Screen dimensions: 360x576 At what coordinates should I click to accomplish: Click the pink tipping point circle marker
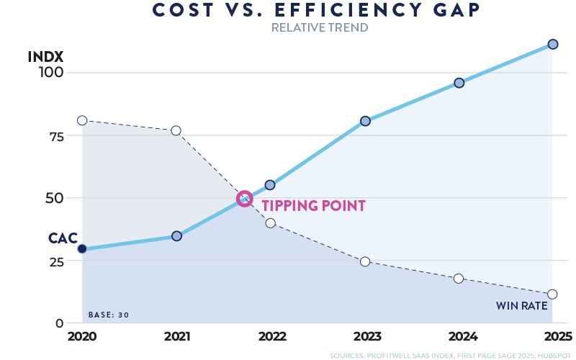245,198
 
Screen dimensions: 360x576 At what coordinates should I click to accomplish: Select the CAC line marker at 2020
82,248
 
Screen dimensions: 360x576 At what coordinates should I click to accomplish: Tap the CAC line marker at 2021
176,236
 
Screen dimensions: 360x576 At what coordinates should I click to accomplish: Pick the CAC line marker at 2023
365,121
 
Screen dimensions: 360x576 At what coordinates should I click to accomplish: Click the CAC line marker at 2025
552,44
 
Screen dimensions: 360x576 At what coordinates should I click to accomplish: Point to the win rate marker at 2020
82,120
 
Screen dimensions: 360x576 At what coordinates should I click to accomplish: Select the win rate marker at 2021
176,130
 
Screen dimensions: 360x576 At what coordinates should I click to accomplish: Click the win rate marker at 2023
365,261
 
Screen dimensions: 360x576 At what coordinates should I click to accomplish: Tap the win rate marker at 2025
552,294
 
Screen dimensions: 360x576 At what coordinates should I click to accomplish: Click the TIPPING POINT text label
313,206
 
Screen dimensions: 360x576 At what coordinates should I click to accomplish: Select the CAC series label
62,238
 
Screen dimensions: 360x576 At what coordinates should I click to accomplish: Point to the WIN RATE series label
521,306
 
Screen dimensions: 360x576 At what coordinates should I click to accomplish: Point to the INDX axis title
46,56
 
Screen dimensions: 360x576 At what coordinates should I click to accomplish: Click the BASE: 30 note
108,315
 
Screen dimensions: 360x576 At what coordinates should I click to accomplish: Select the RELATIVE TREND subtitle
319,28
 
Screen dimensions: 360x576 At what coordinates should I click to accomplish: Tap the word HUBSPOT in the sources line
554,355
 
